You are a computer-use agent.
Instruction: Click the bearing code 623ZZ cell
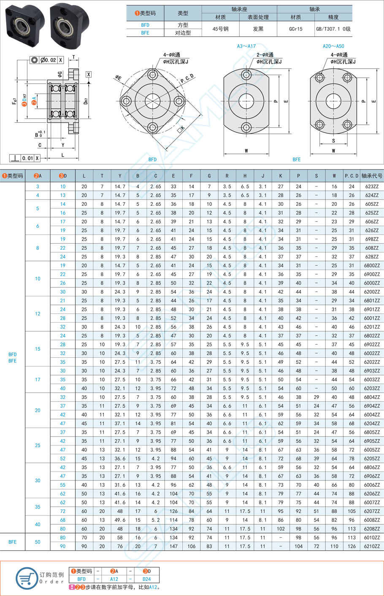coord(371,186)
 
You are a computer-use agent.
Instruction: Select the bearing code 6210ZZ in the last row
coord(371,546)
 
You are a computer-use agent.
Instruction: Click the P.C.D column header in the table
coord(351,176)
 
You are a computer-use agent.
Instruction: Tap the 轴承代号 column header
coord(372,176)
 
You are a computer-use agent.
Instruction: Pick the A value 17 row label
coord(38,380)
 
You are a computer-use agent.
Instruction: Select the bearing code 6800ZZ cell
coord(371,266)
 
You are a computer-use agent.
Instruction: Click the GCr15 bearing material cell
coord(295,29)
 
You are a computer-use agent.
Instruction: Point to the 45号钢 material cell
coord(220,29)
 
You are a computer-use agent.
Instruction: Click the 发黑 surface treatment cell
coord(258,29)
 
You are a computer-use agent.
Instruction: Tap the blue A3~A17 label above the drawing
coord(246,46)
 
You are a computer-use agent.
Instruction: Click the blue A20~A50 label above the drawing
coord(333,46)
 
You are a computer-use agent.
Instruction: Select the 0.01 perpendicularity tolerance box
coord(27,158)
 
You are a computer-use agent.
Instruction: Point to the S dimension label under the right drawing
coord(333,141)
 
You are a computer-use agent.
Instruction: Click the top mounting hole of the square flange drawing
coord(153,75)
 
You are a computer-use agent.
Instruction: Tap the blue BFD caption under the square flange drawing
coord(152,159)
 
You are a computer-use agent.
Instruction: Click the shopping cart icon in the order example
coord(26,578)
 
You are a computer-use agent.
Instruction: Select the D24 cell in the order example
coord(146,579)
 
